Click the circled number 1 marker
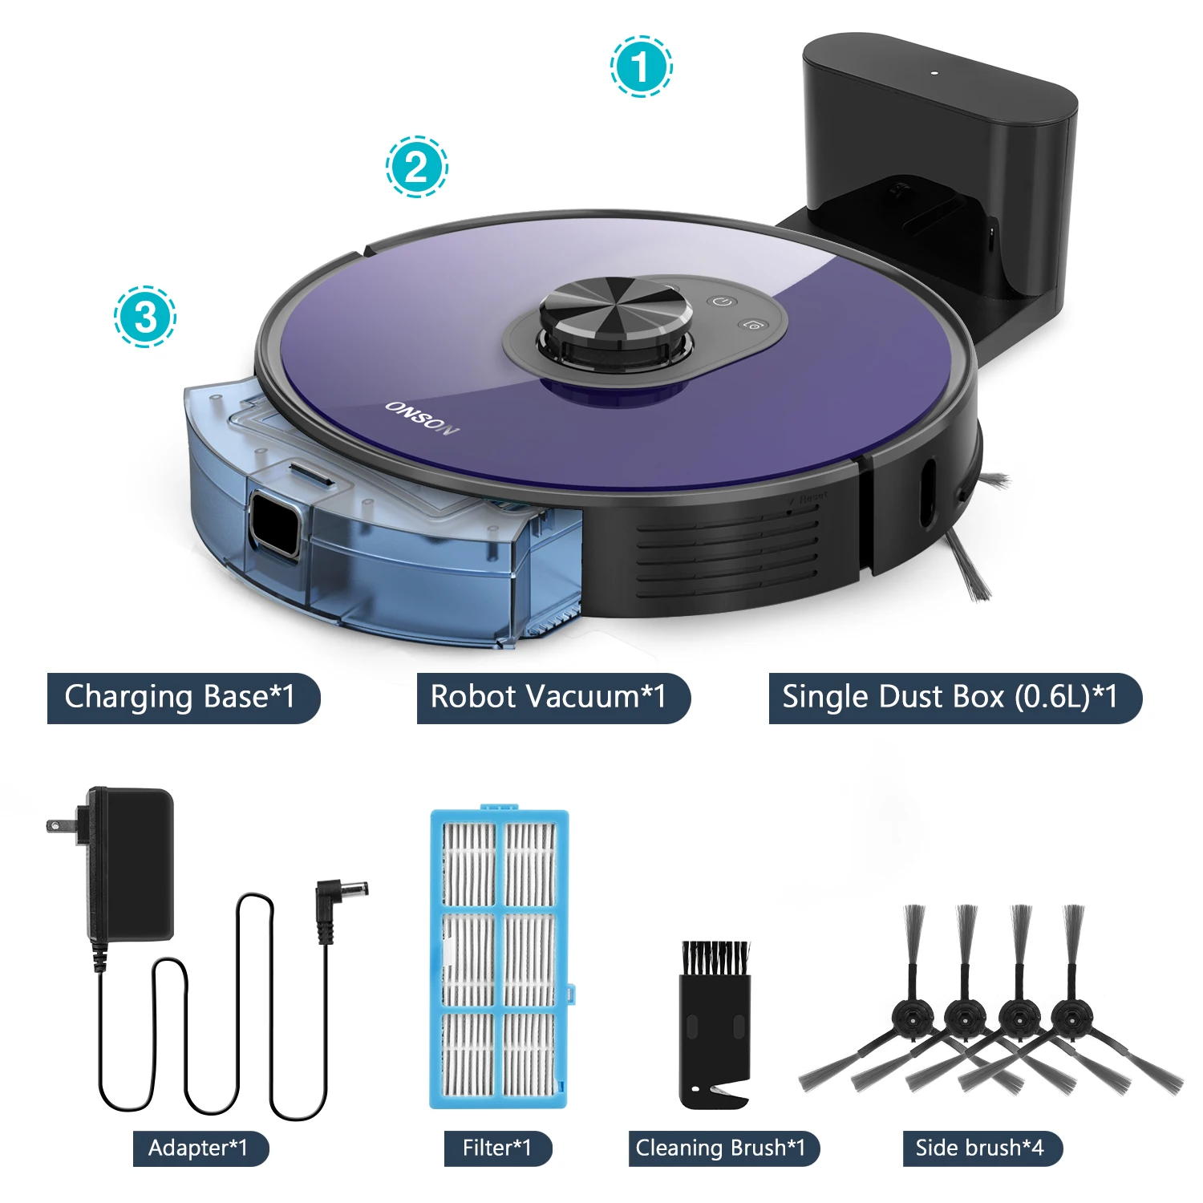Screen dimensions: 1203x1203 point(641,67)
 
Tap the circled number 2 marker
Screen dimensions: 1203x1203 point(416,167)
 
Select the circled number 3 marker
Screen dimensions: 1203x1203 point(144,316)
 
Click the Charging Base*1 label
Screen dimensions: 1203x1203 point(183,698)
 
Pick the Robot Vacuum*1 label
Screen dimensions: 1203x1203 point(553,698)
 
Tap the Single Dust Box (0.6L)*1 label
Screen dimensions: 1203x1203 point(955,698)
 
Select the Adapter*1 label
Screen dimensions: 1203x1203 point(200,1148)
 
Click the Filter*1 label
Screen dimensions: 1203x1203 point(498,1148)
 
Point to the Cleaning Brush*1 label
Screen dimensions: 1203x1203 point(723,1148)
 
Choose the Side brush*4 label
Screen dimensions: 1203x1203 point(982,1148)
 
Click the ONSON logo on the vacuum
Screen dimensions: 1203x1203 point(423,418)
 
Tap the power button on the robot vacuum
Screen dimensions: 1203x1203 point(723,302)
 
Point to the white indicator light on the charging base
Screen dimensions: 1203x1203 point(934,73)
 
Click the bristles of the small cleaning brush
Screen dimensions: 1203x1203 point(715,958)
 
